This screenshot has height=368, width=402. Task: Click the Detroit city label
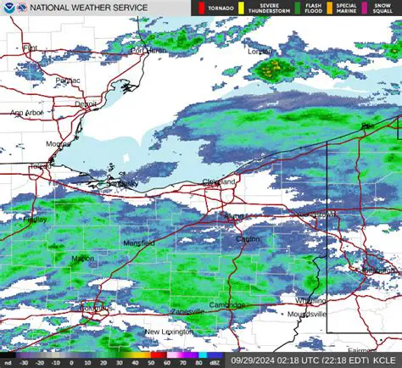coord(86,103)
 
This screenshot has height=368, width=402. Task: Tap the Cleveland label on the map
coord(218,182)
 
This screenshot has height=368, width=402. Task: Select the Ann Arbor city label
coord(27,112)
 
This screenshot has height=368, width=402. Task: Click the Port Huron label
coord(148,50)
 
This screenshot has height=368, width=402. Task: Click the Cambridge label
coord(227,304)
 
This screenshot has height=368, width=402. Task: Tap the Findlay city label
coord(35,219)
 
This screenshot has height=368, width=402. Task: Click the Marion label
coord(83,259)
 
